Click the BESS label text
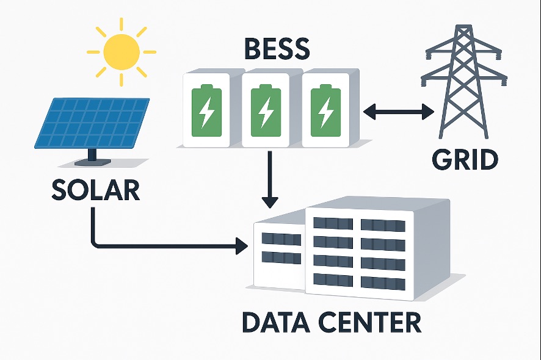[269, 49]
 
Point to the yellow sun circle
[122, 52]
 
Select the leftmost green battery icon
[206, 110]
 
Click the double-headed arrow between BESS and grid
[398, 111]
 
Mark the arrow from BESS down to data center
[269, 180]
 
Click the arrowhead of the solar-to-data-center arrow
[242, 247]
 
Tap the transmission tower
[464, 85]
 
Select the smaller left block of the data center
[280, 253]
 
